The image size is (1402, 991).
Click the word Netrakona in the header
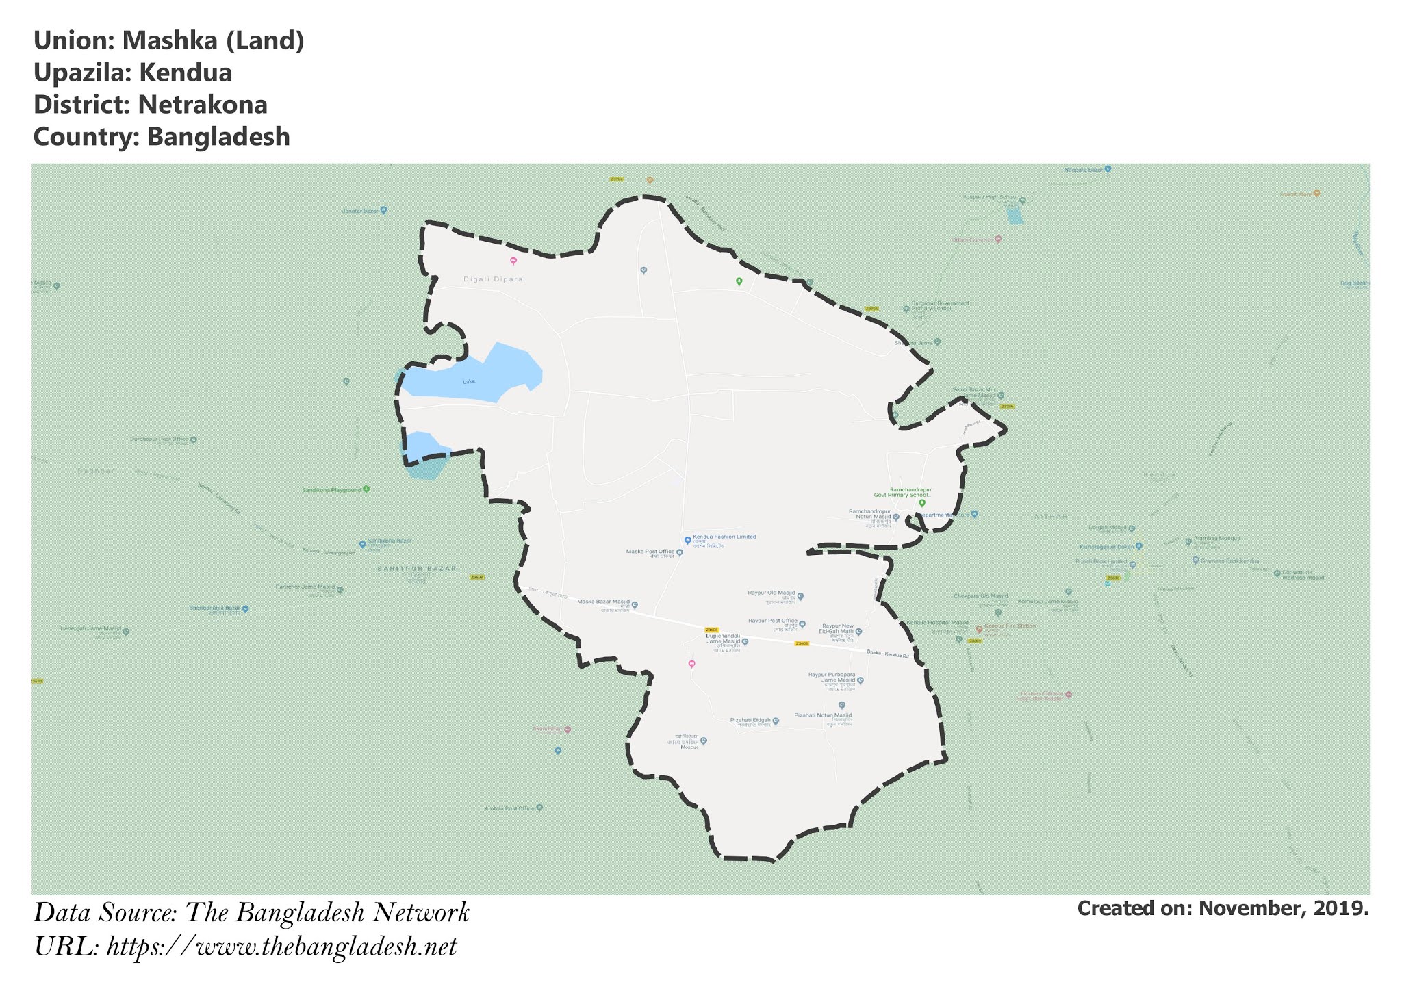click(x=202, y=105)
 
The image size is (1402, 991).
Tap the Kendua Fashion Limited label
click(x=724, y=537)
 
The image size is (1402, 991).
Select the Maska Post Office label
click(x=650, y=552)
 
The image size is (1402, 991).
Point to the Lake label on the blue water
click(x=469, y=381)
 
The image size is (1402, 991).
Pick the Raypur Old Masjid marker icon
click(x=800, y=596)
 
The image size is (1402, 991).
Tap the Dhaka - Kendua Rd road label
click(x=887, y=654)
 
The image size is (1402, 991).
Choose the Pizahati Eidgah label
click(x=750, y=721)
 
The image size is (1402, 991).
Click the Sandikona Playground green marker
click(x=366, y=489)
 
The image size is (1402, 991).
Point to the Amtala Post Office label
click(x=509, y=808)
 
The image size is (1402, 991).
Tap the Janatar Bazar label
click(x=360, y=211)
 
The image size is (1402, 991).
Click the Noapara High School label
click(x=990, y=197)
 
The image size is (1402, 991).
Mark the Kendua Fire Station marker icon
click(x=979, y=628)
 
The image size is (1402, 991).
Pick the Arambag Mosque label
click(x=1216, y=539)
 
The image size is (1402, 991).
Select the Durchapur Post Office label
click(x=159, y=439)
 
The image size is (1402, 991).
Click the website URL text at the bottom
click(x=281, y=948)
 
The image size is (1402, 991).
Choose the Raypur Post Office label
click(x=772, y=621)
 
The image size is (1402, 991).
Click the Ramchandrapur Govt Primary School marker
click(x=921, y=503)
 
